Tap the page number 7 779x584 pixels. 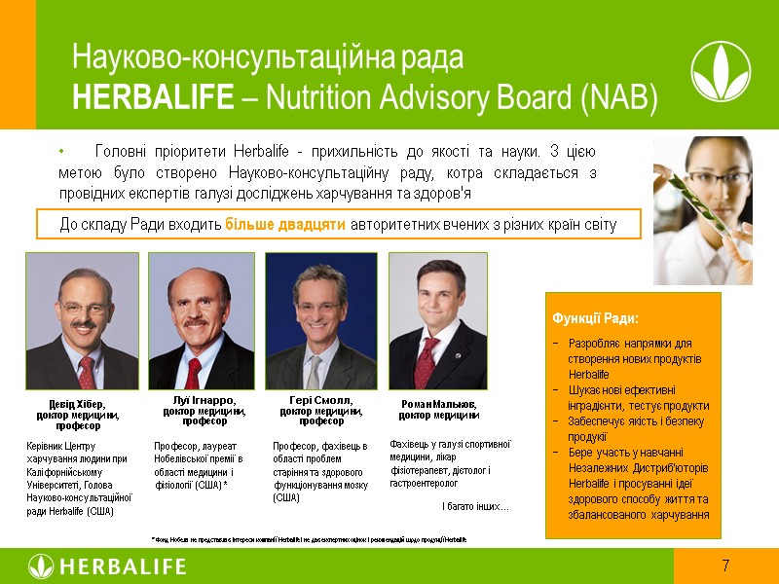tap(725, 566)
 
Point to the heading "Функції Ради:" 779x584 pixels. tap(595, 318)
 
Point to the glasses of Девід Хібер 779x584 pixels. tap(82, 307)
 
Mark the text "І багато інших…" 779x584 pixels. tap(475, 506)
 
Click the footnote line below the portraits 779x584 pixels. tap(309, 538)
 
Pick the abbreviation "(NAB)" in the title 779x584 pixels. tap(622, 97)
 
